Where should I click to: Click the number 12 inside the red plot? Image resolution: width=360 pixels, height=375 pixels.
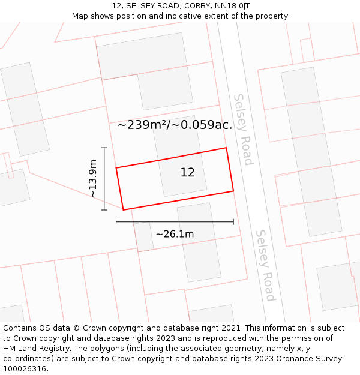point(187,173)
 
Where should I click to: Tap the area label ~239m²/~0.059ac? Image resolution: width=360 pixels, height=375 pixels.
point(175,125)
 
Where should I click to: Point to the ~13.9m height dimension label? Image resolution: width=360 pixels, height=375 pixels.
point(92,178)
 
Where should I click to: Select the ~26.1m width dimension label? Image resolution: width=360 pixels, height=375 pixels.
point(175,234)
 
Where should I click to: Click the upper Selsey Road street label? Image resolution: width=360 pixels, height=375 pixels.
point(243,129)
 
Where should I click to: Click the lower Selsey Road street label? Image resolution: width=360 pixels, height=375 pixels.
point(265,265)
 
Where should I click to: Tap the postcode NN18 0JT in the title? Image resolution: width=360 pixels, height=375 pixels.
point(236,6)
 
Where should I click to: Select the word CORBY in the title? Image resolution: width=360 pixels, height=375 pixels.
point(197,6)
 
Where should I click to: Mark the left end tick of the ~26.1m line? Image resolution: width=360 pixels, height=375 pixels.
point(116,222)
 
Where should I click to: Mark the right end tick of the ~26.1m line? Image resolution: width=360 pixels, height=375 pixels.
point(233,222)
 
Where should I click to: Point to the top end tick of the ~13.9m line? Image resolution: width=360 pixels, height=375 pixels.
point(104,148)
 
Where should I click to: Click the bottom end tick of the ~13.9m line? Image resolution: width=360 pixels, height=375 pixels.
point(104,210)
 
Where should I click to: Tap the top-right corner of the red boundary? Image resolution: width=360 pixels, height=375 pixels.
point(226,148)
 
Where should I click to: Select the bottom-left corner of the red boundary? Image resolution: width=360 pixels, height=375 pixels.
point(124,210)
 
